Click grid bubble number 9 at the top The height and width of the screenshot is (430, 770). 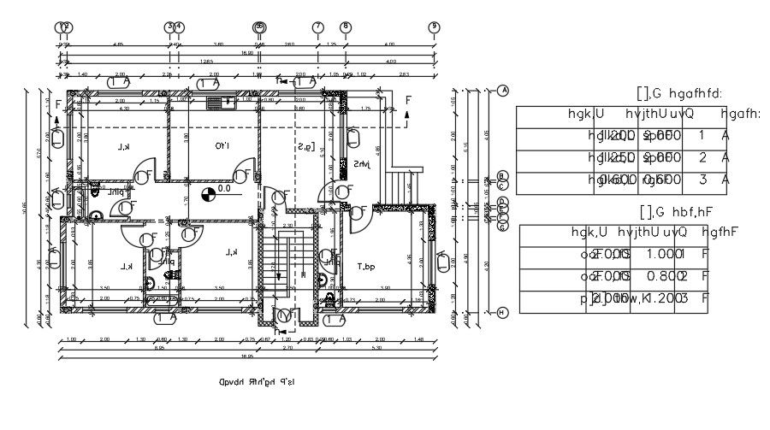tap(435, 27)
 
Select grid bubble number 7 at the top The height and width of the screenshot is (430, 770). tap(317, 27)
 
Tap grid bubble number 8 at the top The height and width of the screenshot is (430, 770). tap(345, 27)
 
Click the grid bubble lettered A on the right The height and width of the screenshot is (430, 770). tap(503, 91)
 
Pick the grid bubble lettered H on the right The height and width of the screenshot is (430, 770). tap(503, 313)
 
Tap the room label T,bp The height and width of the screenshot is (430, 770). tap(366, 267)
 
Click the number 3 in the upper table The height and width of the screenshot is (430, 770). tap(702, 180)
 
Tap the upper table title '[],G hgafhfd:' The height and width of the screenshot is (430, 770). tap(681, 92)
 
